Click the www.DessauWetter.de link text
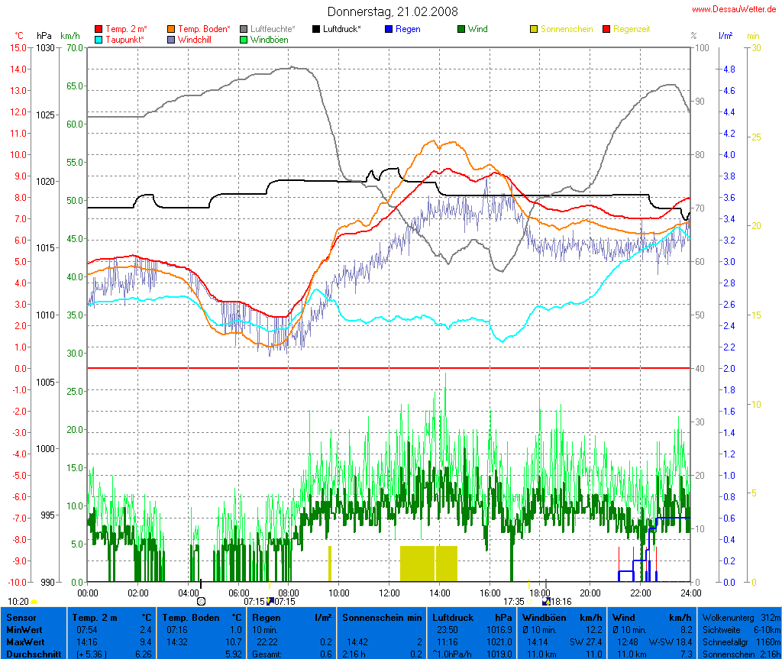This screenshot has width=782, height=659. click(x=734, y=8)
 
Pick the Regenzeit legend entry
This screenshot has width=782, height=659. click(x=631, y=29)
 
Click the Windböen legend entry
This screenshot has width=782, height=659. click(x=269, y=39)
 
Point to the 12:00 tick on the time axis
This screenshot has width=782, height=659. click(x=389, y=593)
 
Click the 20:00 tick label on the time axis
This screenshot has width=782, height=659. click(x=590, y=593)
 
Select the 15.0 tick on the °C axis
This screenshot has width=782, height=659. click(x=18, y=47)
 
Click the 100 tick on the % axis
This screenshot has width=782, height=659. click(x=697, y=47)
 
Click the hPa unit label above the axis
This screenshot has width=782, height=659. click(x=44, y=36)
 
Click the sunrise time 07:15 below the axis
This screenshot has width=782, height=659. click(x=254, y=602)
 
